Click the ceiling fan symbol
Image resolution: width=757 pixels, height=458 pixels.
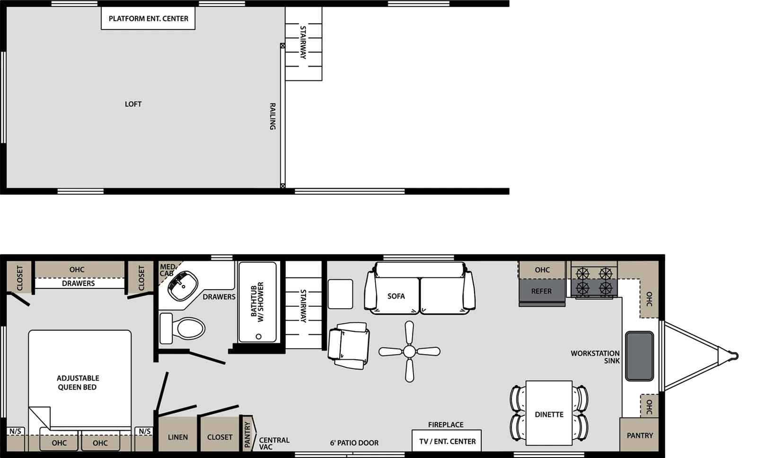(x=409, y=352)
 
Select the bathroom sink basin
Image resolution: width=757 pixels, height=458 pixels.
(x=183, y=285)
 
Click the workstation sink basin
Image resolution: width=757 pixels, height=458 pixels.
(x=639, y=356)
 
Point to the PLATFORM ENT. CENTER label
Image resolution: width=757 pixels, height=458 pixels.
(x=148, y=19)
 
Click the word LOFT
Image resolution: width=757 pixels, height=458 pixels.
(x=133, y=104)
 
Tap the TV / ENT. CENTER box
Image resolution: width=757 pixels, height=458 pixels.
(x=447, y=441)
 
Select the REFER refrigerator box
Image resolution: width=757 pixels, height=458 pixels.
(x=542, y=291)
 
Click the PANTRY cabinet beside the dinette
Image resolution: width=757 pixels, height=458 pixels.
(x=640, y=435)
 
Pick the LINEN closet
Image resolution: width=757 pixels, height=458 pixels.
(x=178, y=437)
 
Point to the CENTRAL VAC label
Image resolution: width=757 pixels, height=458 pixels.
(x=274, y=443)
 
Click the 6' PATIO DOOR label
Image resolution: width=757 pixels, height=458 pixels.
(x=354, y=443)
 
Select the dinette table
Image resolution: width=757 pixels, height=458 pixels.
(x=549, y=413)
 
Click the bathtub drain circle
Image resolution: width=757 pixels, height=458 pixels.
(x=258, y=337)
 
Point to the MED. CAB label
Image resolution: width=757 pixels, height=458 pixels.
(x=167, y=270)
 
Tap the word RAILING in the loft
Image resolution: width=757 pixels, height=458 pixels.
(x=273, y=116)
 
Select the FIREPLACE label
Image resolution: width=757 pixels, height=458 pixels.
(x=446, y=424)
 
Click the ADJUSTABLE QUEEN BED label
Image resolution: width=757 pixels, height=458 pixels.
(x=78, y=382)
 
